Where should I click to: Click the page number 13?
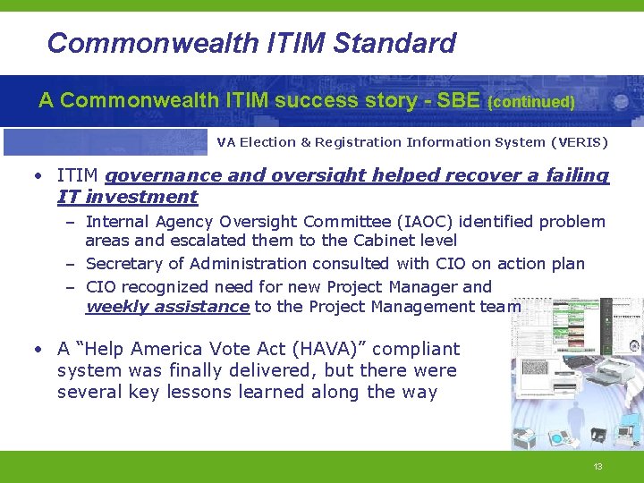[597, 467]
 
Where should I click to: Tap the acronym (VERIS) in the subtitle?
[579, 142]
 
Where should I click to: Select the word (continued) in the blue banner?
[531, 102]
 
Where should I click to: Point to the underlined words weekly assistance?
[166, 307]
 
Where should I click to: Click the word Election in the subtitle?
[272, 142]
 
